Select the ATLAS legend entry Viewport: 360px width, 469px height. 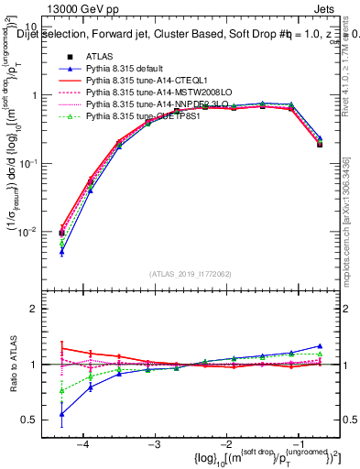coord(100,57)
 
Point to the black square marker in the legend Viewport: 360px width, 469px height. coord(61,57)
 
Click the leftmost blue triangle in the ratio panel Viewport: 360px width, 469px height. coord(61,414)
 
